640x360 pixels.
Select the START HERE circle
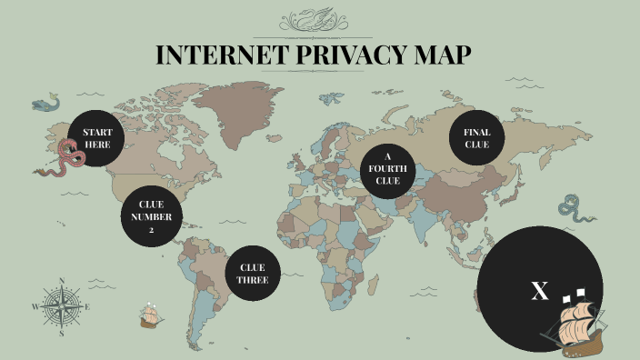(x=97, y=139)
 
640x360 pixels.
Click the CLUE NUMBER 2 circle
(x=152, y=216)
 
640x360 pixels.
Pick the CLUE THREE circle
(x=252, y=273)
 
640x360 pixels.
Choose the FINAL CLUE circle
(x=477, y=138)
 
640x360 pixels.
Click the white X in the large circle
(x=540, y=291)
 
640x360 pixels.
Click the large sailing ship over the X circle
(x=576, y=324)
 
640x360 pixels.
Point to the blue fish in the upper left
(x=43, y=105)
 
